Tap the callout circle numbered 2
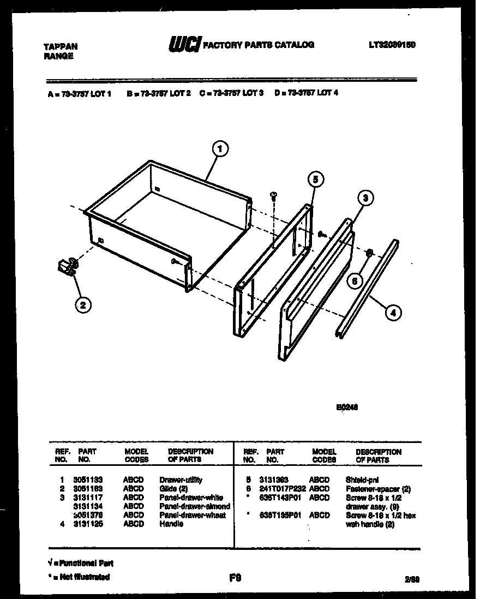coord(82,305)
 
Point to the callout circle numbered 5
coord(315,179)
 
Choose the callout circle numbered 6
coord(355,281)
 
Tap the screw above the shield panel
coord(274,195)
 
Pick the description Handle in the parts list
coord(171,524)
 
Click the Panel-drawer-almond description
coord(194,506)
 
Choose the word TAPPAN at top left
coord(60,47)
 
